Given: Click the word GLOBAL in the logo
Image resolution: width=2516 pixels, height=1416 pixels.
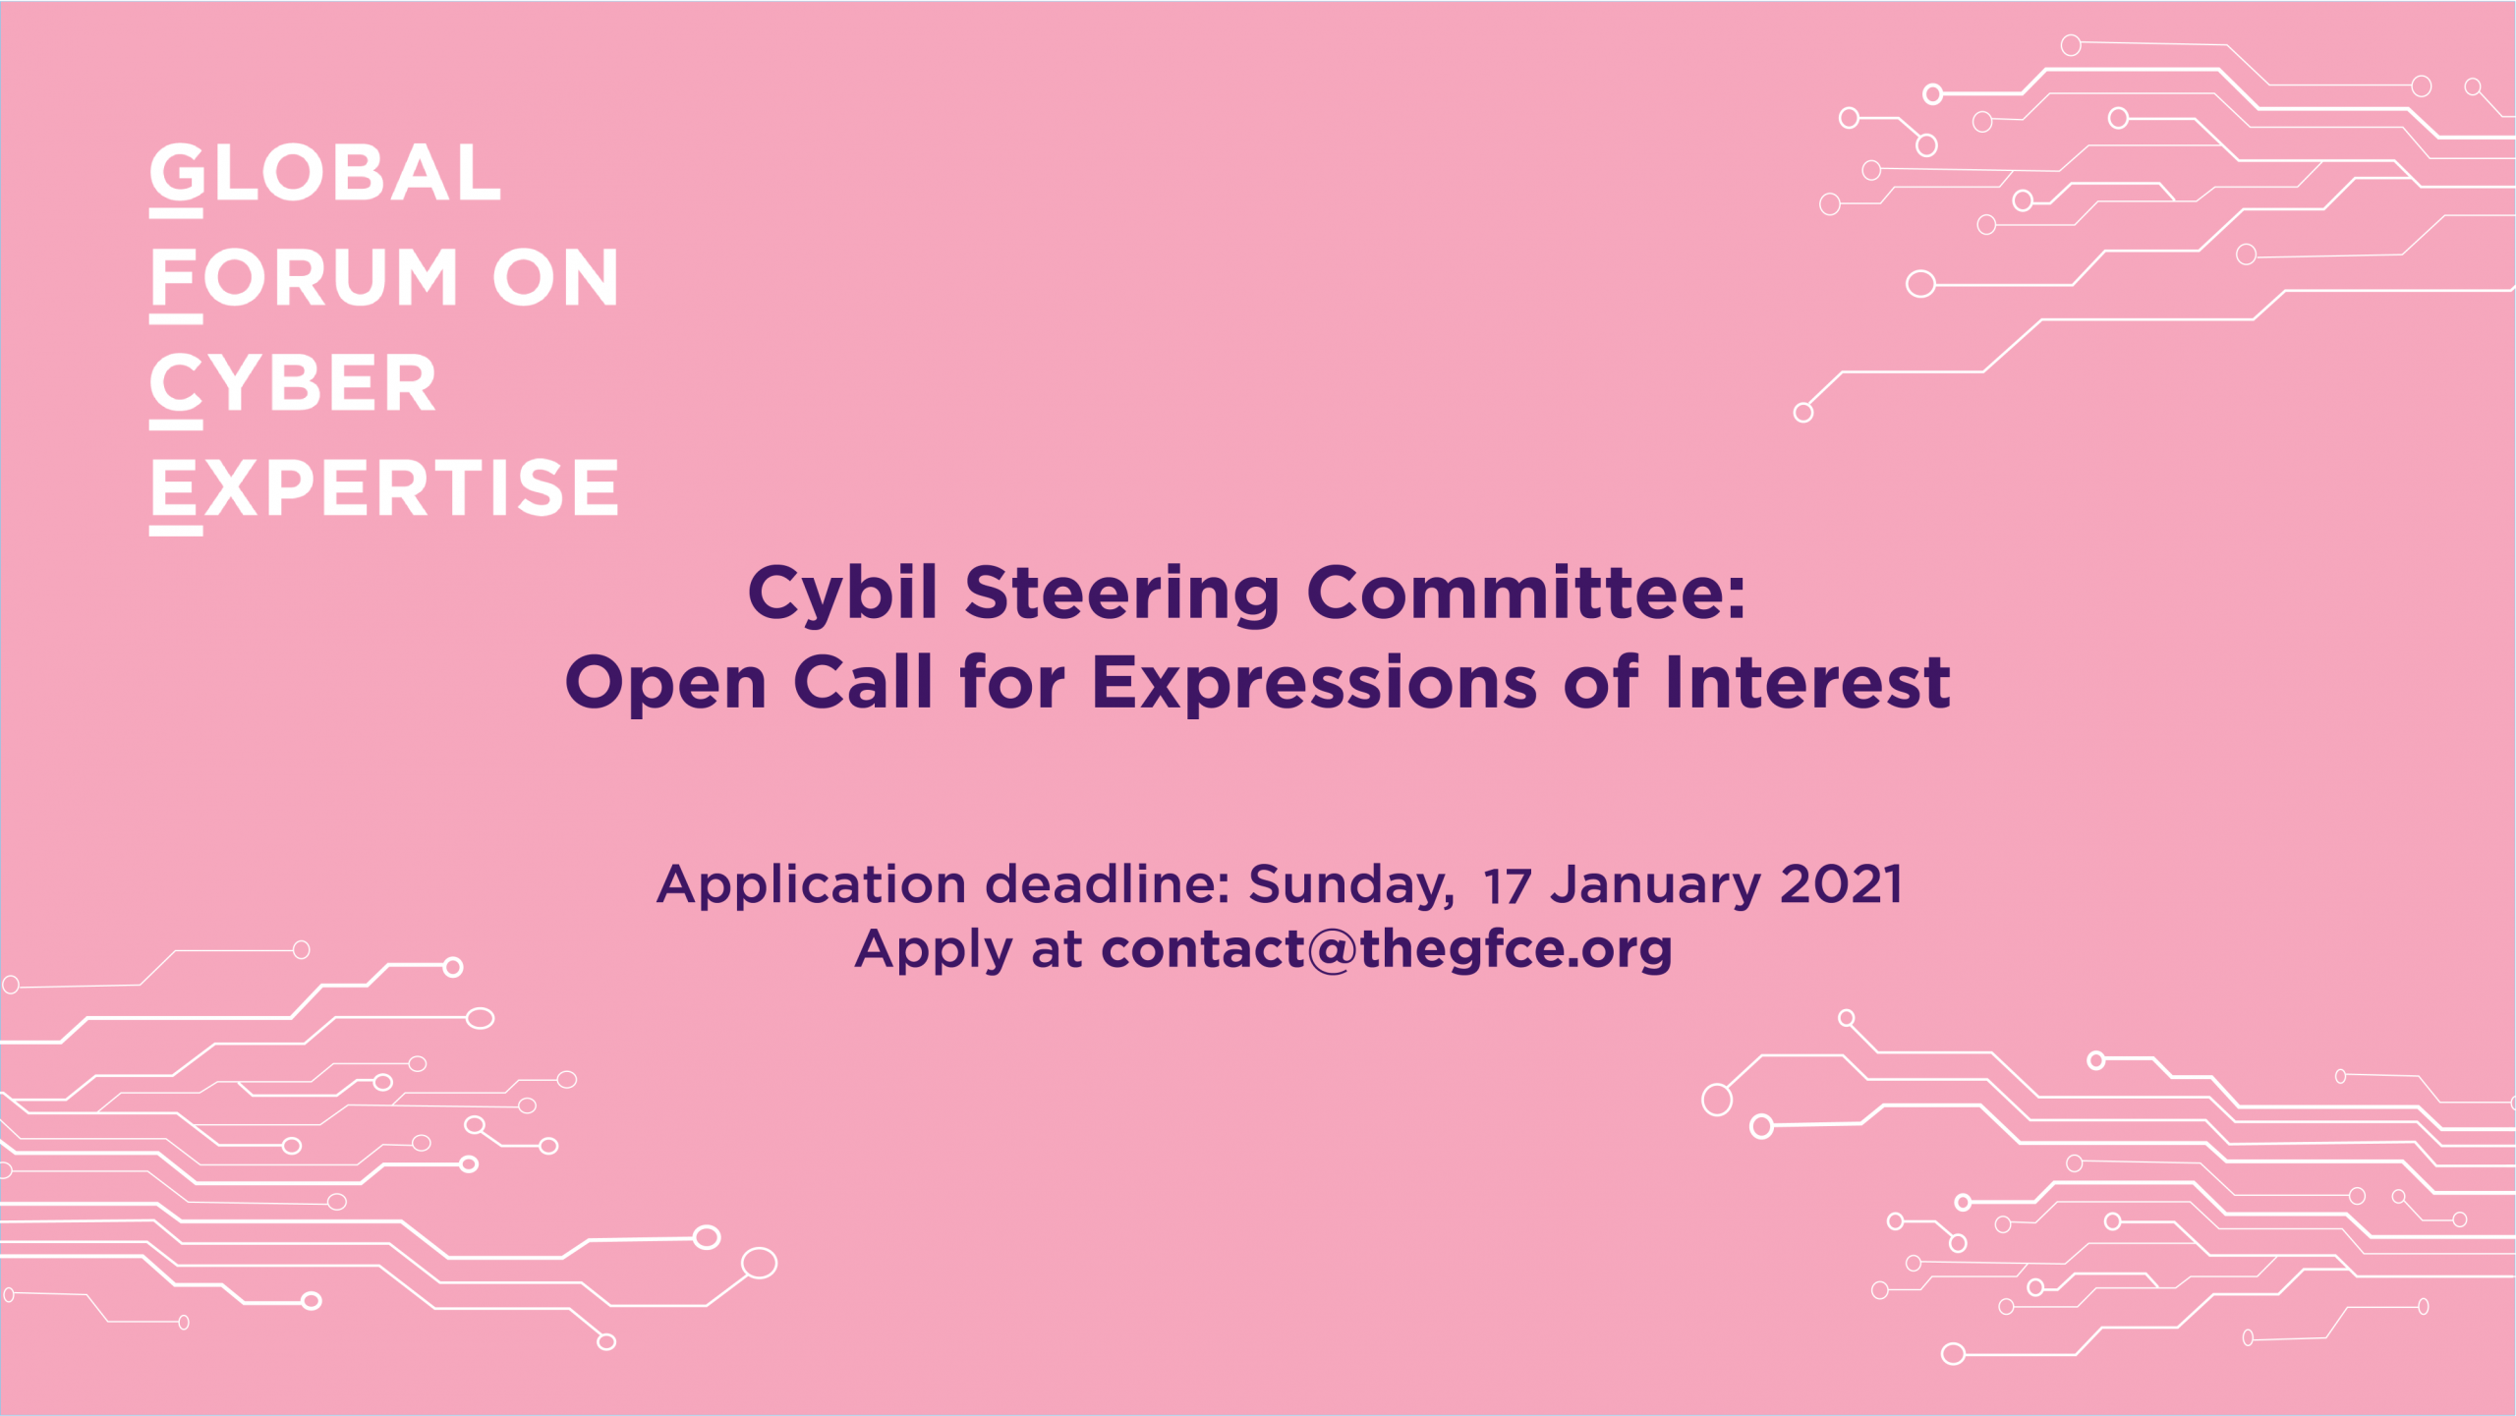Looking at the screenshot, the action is pyautogui.click(x=325, y=174).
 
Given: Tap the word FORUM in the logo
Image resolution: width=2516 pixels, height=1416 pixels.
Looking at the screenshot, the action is pyautogui.click(x=305, y=278).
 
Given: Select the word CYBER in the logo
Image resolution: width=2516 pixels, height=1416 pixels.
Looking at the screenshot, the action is pyautogui.click(x=293, y=382).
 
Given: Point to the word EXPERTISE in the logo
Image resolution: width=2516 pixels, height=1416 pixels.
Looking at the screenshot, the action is pyautogui.click(x=384, y=487).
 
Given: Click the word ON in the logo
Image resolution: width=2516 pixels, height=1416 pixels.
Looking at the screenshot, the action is pyautogui.click(x=555, y=278).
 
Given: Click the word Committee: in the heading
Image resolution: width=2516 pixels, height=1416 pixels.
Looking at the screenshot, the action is pyautogui.click(x=1526, y=593).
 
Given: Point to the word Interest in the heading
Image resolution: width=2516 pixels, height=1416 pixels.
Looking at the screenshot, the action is pyautogui.click(x=1807, y=682).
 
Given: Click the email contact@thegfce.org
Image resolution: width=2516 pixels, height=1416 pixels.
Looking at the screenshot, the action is pyautogui.click(x=1387, y=949).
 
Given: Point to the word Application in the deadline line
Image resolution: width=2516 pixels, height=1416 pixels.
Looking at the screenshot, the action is pyautogui.click(x=812, y=885).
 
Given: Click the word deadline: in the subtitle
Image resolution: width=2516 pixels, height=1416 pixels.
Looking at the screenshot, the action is pyautogui.click(x=1108, y=883).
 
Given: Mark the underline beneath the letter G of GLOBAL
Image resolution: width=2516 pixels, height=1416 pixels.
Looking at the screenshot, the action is pyautogui.click(x=176, y=213).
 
